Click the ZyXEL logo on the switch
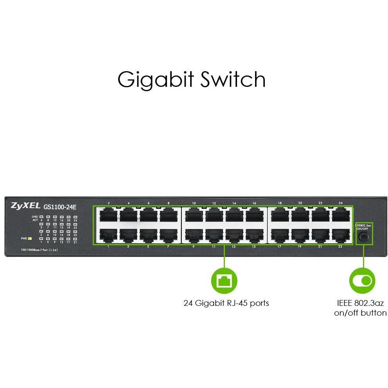pos(26,205)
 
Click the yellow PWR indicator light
pos(30,238)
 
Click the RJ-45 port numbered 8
pos(168,215)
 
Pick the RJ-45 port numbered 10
pos(194,215)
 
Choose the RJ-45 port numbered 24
pos(340,215)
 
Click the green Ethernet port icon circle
pos(224,280)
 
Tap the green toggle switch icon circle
pos(363,280)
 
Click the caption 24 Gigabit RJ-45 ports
pos(226,303)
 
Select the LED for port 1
pos(41,238)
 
